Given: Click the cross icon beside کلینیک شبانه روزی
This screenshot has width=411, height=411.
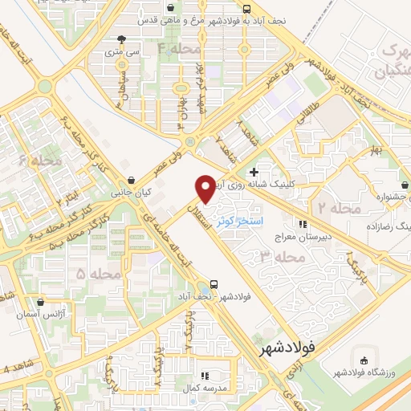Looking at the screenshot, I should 254,172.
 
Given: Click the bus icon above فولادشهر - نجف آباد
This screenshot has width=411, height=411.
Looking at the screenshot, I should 214,283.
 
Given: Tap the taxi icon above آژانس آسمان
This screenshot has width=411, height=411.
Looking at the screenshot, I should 40,303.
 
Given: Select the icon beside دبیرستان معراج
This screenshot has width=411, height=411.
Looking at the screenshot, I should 303,224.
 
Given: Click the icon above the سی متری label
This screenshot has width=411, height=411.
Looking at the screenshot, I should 121,39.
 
